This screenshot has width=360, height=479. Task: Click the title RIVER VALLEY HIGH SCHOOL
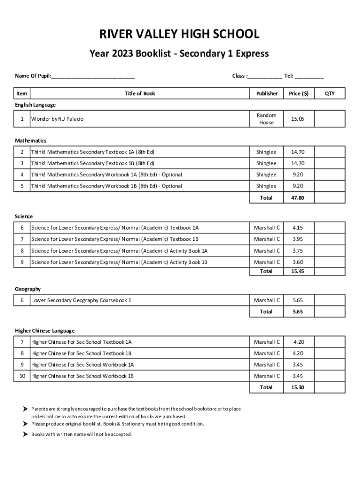pos(180,34)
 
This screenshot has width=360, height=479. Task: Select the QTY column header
pos(330,94)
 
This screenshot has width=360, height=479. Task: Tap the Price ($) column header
pos(299,94)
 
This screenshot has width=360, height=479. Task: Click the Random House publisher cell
pos(266,119)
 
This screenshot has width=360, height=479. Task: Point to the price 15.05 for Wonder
pos(297,119)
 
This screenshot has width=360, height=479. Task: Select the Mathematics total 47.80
pos(297,198)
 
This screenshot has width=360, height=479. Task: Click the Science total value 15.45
pos(297,271)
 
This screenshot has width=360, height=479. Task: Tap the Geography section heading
pos(28,289)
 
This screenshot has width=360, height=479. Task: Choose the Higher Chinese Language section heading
pos(45,331)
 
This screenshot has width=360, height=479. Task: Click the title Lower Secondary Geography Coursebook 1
pos(81,300)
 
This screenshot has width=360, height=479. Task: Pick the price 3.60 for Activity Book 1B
pos(297,262)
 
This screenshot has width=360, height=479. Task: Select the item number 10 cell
pos(22,376)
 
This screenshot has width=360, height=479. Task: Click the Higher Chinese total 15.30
pos(297,387)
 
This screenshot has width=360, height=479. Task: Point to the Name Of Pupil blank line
pos(94,77)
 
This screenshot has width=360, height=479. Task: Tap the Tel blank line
pos(309,77)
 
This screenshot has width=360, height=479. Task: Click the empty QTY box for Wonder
pos(330,119)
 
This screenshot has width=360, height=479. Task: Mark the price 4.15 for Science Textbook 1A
pos(297,228)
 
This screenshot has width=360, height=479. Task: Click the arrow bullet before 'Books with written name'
pos(25,434)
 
